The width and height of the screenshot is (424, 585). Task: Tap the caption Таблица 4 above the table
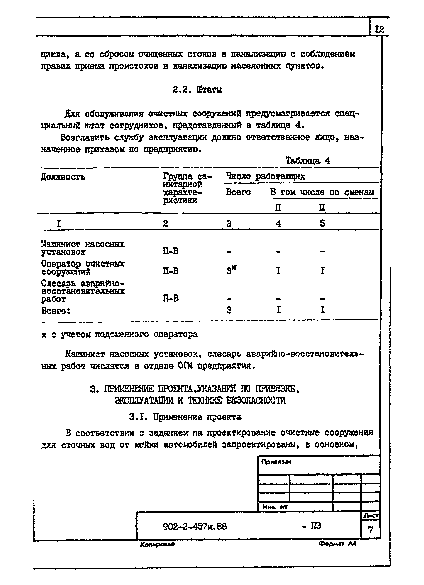tap(308, 161)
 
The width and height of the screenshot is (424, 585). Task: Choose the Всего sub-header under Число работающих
tap(238, 192)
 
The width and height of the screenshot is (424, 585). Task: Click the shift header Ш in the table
tap(322, 208)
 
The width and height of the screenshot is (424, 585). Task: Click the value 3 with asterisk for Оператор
tap(231, 271)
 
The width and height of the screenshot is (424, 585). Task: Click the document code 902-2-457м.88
tap(195, 526)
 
